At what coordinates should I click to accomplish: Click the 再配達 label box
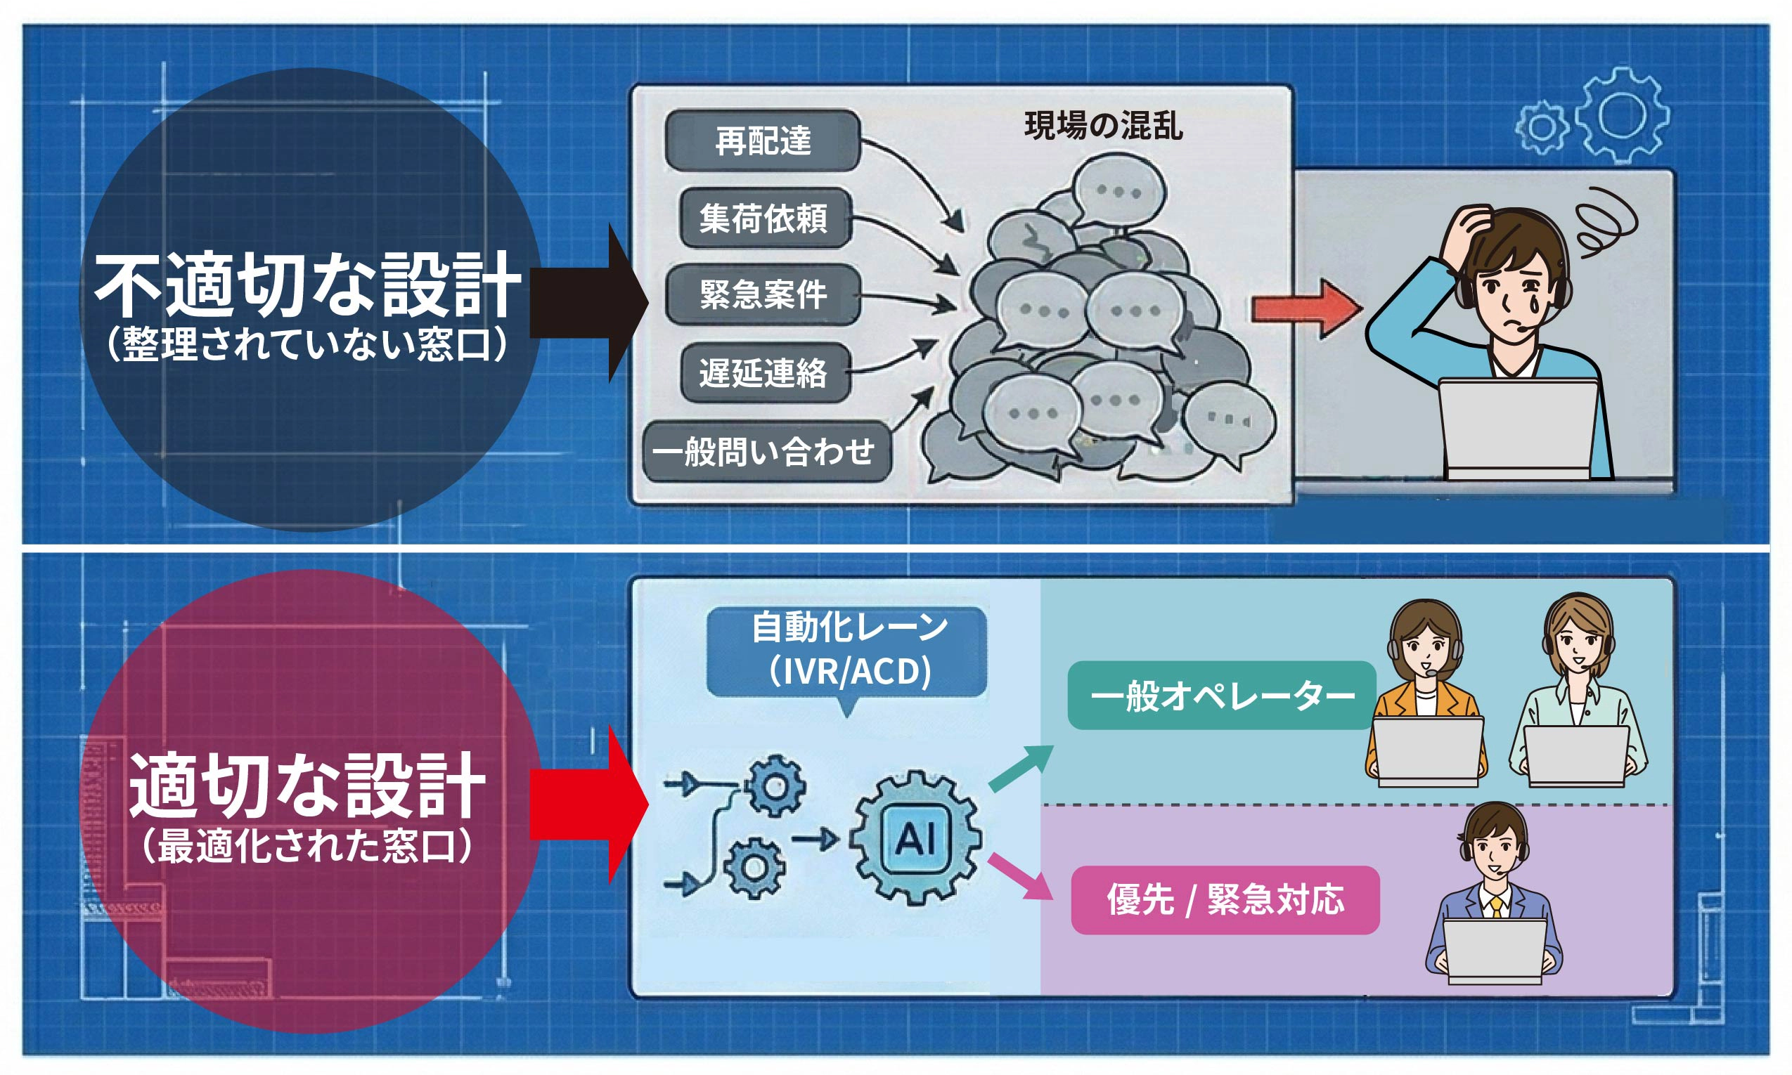coord(762,141)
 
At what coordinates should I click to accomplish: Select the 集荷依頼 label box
coord(764,218)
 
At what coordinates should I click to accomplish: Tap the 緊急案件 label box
coord(763,295)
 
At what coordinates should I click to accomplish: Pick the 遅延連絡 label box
coord(764,373)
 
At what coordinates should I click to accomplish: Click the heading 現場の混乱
coord(1103,126)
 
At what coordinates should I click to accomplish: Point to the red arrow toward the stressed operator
coord(1305,308)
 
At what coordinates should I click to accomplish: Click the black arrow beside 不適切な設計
coord(587,303)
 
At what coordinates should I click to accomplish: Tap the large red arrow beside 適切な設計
coord(587,804)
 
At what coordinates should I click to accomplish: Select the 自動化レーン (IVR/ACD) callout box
coord(846,651)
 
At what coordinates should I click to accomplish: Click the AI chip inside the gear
coord(915,839)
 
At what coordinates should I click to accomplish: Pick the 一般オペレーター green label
coord(1222,696)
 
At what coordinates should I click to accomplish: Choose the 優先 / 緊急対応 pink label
coord(1225,899)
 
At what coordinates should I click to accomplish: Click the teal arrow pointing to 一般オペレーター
coord(1020,768)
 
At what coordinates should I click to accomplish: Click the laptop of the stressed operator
coord(1518,427)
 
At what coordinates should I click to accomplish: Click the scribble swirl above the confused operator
coord(1605,221)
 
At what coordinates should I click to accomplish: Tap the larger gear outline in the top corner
coord(1622,115)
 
